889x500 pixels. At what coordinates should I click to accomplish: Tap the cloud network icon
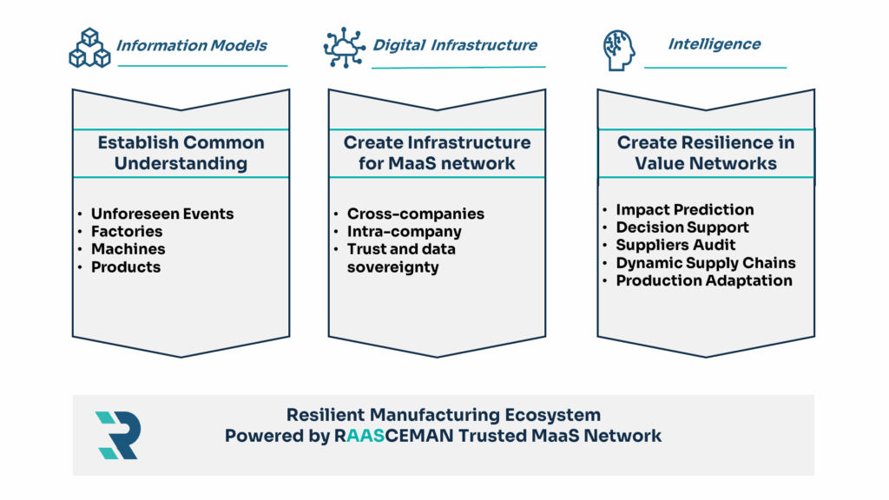[345, 47]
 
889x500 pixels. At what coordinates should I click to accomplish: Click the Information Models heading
[192, 45]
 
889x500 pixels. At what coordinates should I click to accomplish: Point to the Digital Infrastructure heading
[455, 45]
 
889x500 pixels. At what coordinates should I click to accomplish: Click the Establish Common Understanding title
[181, 153]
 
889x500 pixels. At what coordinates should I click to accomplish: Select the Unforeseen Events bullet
[162, 214]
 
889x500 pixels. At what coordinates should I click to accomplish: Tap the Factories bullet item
[127, 232]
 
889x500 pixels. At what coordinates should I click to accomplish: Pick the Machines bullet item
[128, 249]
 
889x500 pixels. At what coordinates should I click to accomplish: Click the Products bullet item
[126, 267]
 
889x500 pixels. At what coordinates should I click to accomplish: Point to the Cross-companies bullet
[416, 214]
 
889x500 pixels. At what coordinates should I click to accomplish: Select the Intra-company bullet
[404, 232]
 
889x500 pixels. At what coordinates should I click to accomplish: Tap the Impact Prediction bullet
[684, 210]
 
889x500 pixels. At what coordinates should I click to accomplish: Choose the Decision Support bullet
[682, 227]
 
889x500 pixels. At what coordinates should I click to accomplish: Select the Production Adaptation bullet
[703, 280]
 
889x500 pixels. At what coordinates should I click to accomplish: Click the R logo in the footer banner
[117, 435]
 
